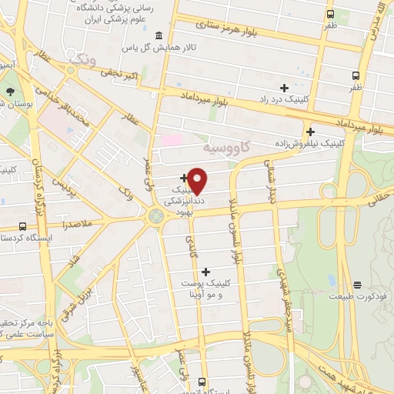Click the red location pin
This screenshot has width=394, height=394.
(x=198, y=180)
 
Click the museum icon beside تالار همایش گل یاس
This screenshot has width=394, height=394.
(x=159, y=36)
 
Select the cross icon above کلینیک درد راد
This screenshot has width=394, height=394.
(x=284, y=88)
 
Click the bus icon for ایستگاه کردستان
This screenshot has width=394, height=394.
(x=22, y=227)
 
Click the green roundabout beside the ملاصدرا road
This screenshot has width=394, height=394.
(x=156, y=217)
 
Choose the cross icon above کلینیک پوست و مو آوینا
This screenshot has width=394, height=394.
(x=205, y=272)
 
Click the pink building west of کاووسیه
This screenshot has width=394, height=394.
(x=172, y=140)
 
